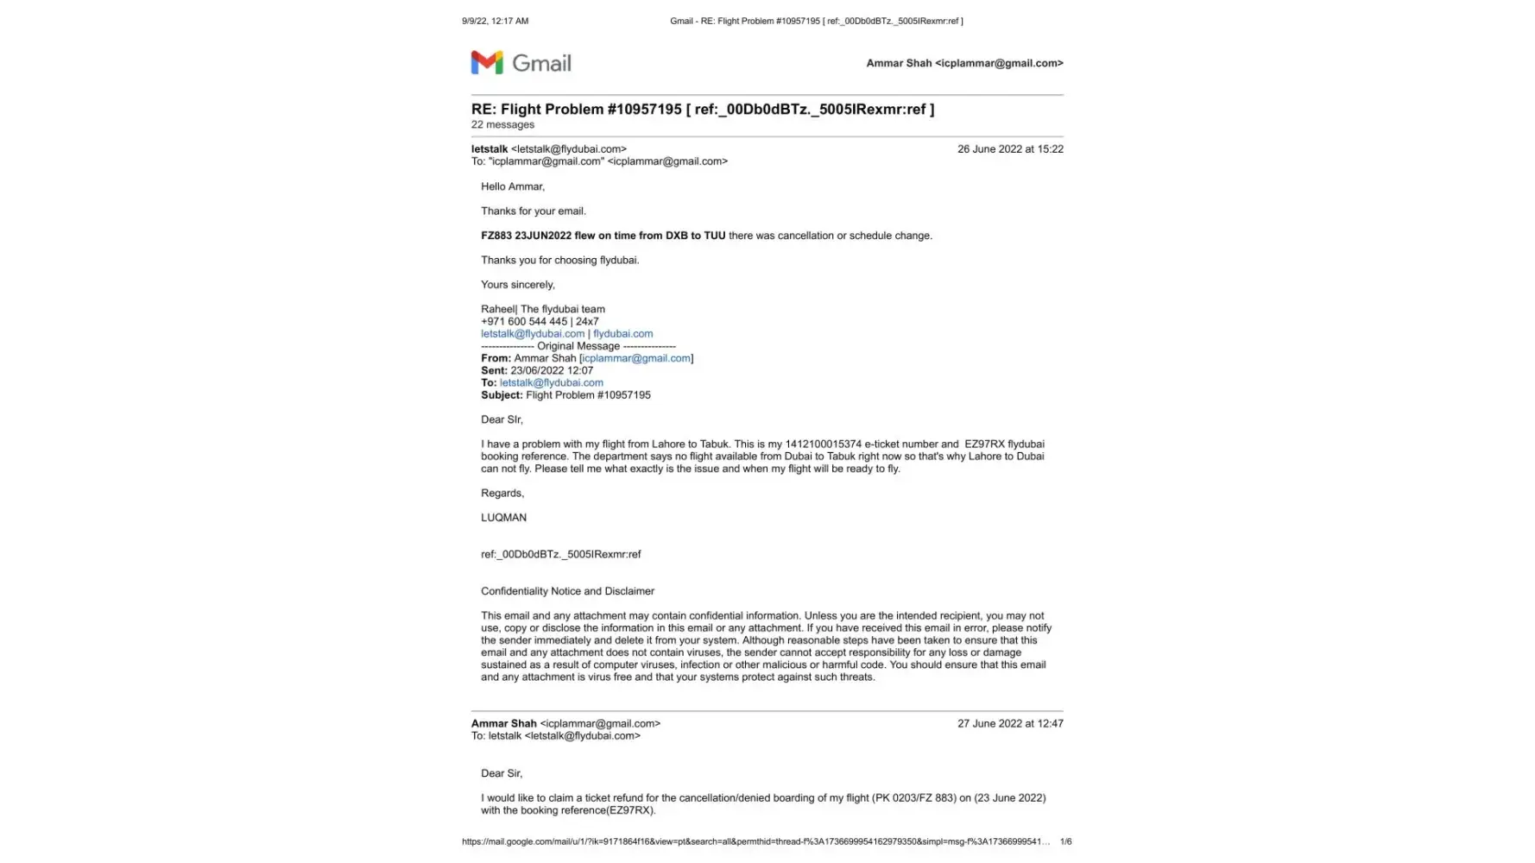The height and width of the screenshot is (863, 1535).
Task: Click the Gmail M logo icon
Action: tap(487, 62)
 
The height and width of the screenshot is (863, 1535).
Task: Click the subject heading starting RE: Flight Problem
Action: tap(702, 110)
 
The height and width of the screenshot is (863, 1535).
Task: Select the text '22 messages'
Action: tap(502, 125)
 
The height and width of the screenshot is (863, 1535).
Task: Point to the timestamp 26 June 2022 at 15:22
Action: tap(1009, 149)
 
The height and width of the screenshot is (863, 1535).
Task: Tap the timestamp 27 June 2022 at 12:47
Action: tap(1009, 724)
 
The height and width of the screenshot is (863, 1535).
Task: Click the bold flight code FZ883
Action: tap(496, 236)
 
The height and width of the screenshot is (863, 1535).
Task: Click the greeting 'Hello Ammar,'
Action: tap(513, 186)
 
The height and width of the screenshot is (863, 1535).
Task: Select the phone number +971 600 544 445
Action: tap(524, 322)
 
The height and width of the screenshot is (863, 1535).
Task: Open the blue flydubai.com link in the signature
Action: tap(622, 334)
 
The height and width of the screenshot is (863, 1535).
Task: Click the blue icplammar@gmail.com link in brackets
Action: tap(636, 358)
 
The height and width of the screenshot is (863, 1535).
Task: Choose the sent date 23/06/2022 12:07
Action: tap(552, 371)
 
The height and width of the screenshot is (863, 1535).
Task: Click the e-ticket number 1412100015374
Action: tap(823, 444)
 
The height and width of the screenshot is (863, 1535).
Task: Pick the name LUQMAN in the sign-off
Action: tap(503, 518)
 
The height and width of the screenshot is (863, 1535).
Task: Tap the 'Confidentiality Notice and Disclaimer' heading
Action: tap(567, 591)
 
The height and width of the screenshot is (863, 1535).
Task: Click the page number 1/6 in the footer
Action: tap(1065, 841)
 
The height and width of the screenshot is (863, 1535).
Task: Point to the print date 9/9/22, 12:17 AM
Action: tap(495, 21)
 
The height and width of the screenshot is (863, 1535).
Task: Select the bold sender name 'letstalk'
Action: tap(490, 149)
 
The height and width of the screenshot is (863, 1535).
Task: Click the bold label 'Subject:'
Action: tap(502, 395)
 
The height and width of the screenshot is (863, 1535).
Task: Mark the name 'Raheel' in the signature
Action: tap(498, 309)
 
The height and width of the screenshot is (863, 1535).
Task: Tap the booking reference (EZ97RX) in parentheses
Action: tap(631, 810)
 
